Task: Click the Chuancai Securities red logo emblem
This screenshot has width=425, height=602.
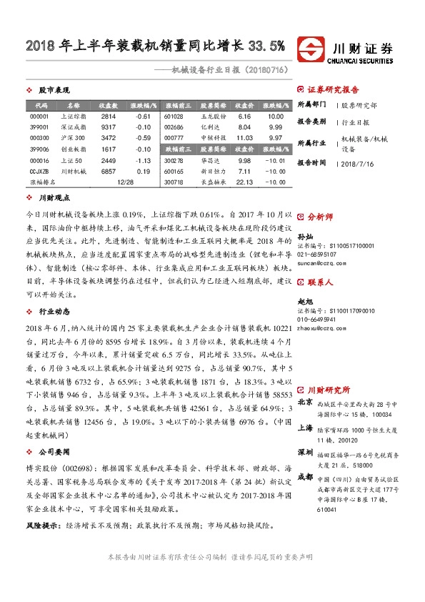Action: point(311,50)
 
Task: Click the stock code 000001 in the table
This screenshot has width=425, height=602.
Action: point(39,116)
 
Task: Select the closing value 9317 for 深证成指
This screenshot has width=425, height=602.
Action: point(109,127)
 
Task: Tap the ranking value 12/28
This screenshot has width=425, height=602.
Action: point(124,182)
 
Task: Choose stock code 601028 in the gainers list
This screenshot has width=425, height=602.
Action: point(174,116)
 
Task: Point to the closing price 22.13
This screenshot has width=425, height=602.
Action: point(244,182)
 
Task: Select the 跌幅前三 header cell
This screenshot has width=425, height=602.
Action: point(174,149)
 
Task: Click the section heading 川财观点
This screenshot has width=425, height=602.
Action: point(54,197)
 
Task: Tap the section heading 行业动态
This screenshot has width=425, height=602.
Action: point(54,312)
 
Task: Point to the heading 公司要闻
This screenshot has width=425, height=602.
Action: point(54,453)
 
